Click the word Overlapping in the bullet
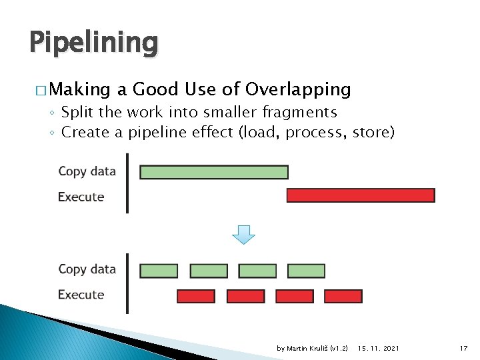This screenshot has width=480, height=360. click(x=298, y=89)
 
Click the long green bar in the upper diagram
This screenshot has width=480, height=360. click(x=214, y=172)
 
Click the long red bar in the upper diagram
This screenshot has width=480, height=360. click(x=361, y=195)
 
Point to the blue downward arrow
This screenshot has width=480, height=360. click(x=244, y=234)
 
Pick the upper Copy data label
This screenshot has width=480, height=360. click(x=87, y=171)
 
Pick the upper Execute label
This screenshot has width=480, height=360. click(x=81, y=197)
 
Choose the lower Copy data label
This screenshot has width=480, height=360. click(x=87, y=269)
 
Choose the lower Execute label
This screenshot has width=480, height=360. click(x=81, y=295)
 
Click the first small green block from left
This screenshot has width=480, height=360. click(x=159, y=271)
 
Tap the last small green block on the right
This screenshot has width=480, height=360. click(x=306, y=271)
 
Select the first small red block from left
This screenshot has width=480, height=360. click(x=196, y=296)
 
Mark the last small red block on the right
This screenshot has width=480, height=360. click(x=343, y=296)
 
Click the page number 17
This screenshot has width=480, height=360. click(x=464, y=348)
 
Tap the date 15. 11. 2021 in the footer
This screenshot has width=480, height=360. click(x=379, y=348)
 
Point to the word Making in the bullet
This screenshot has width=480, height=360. click(x=79, y=89)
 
